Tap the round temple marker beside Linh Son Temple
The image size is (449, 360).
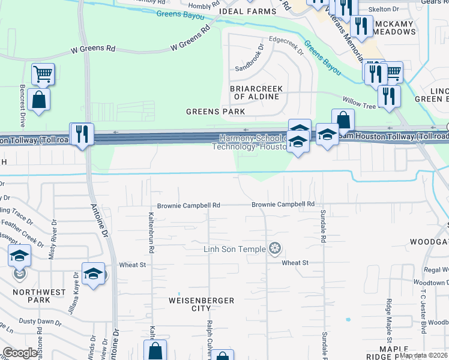click(276, 248)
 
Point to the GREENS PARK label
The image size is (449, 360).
click(215, 112)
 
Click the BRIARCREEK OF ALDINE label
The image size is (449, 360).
click(256, 92)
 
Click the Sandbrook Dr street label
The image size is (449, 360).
click(249, 58)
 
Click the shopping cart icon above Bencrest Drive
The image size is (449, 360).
click(43, 74)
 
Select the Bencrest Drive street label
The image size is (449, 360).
click(22, 105)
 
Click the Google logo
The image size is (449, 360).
click(20, 353)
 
